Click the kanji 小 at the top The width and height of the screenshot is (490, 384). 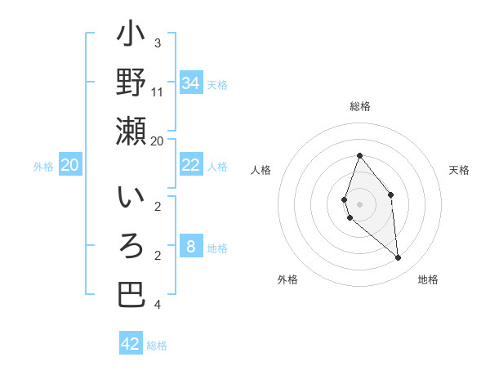point(131,38)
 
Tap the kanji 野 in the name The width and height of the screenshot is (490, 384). point(131,83)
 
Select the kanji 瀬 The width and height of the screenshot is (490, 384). point(131,131)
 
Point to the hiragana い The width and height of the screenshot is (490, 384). point(131,201)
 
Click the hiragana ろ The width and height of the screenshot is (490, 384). point(131,248)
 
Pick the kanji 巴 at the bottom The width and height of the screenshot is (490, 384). point(131,295)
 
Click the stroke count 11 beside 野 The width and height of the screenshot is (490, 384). point(158,92)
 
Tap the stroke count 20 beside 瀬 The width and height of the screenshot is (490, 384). point(158,141)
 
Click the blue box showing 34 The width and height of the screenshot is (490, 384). point(190,83)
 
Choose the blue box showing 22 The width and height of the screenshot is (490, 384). point(190,165)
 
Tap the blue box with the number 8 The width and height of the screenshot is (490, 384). point(190,247)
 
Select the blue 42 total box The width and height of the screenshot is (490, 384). point(131,344)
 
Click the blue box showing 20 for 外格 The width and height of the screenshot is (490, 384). point(69,165)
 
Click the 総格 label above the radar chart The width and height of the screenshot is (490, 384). point(359,107)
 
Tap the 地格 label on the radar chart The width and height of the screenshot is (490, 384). point(428,279)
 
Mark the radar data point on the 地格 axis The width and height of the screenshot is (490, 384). point(399,258)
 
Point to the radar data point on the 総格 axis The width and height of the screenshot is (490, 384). point(359,155)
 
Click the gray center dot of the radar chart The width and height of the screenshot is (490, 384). point(359,203)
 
